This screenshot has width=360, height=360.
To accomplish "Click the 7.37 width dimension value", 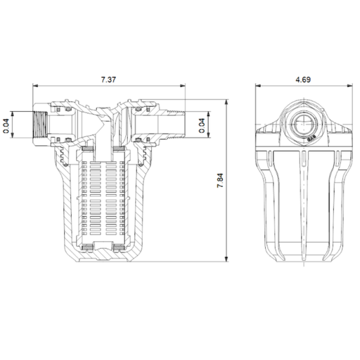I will click(x=108, y=79).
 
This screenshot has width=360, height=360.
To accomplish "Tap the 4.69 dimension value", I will click(x=303, y=79).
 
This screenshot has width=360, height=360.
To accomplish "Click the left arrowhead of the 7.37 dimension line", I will click(x=36, y=87).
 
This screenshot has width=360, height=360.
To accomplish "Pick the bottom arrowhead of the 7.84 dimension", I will click(x=228, y=260).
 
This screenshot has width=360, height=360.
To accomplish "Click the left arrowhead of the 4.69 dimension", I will click(x=256, y=87).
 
